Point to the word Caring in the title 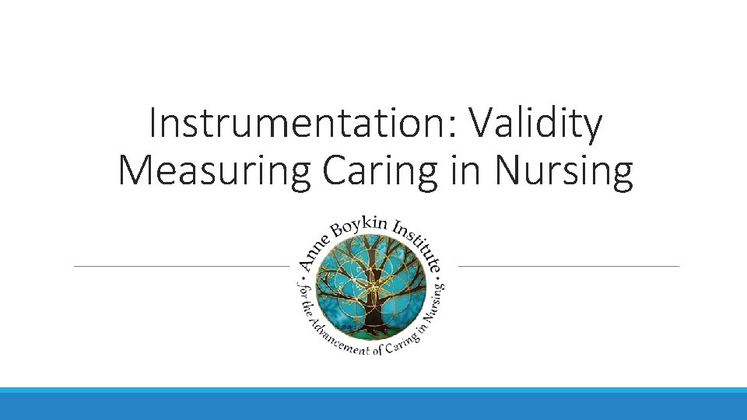pos(381,170)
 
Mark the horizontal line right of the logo pos(569,266)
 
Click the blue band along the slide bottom pos(373,404)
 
